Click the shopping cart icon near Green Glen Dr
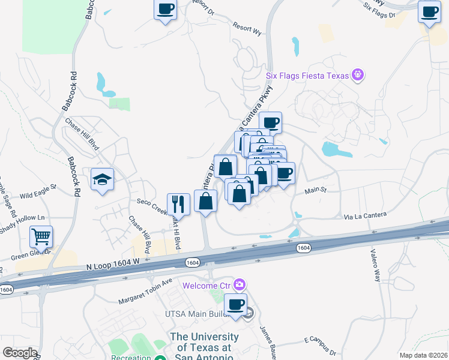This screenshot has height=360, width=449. (41, 236)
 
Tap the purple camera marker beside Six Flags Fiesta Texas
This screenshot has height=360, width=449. (359, 75)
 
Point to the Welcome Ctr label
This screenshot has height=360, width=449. (208, 284)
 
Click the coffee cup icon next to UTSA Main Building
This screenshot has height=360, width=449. (236, 304)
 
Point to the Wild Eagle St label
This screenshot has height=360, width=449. (37, 195)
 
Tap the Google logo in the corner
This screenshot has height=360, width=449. (19, 353)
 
